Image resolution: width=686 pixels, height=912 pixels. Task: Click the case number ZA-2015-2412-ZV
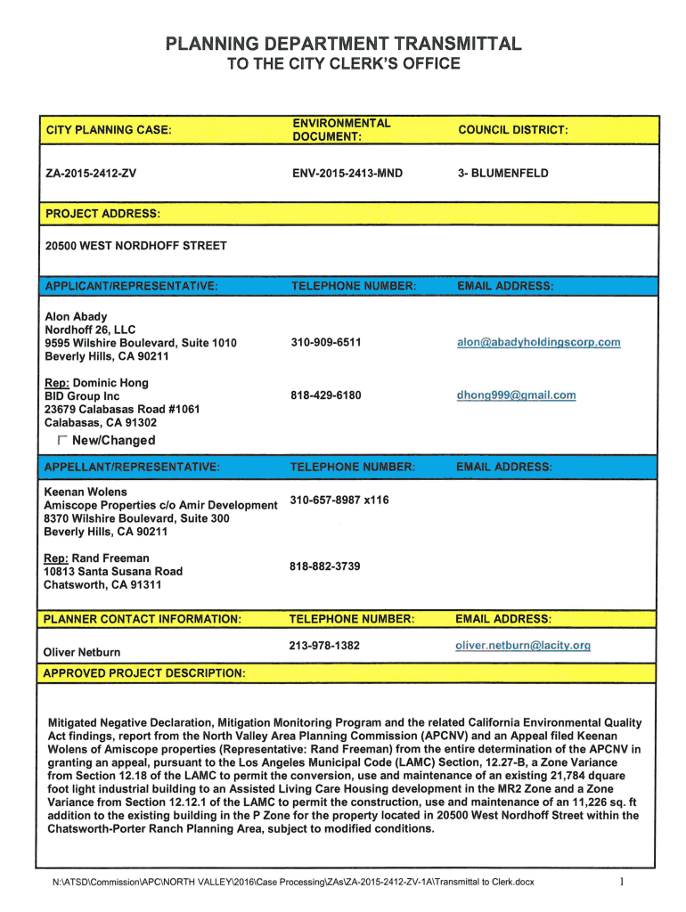(x=91, y=173)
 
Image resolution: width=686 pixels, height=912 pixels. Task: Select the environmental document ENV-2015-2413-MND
(x=347, y=173)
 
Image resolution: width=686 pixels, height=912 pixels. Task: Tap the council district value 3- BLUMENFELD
(x=503, y=173)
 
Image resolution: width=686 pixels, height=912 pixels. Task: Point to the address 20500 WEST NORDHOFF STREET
(x=135, y=246)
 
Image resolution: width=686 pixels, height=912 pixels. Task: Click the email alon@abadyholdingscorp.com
(x=538, y=342)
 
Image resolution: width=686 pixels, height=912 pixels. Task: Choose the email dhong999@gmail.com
(x=516, y=395)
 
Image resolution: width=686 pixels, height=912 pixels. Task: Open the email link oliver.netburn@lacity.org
(x=522, y=645)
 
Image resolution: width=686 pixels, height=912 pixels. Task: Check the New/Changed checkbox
(x=61, y=441)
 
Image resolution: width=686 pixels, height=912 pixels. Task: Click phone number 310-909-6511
(x=326, y=342)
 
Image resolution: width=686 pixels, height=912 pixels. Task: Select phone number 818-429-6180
(x=326, y=395)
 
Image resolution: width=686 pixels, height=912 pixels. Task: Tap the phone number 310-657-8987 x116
(x=339, y=500)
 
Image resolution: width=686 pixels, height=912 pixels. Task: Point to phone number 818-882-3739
(x=325, y=566)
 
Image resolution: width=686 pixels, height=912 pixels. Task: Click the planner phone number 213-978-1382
(x=324, y=645)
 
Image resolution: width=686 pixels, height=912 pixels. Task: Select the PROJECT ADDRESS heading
(x=102, y=214)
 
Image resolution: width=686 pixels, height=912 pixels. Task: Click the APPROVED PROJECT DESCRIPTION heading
(x=144, y=672)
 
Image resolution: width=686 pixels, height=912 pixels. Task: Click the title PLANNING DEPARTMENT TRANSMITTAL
(x=342, y=44)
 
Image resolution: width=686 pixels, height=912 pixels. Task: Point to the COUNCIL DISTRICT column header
(x=512, y=130)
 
